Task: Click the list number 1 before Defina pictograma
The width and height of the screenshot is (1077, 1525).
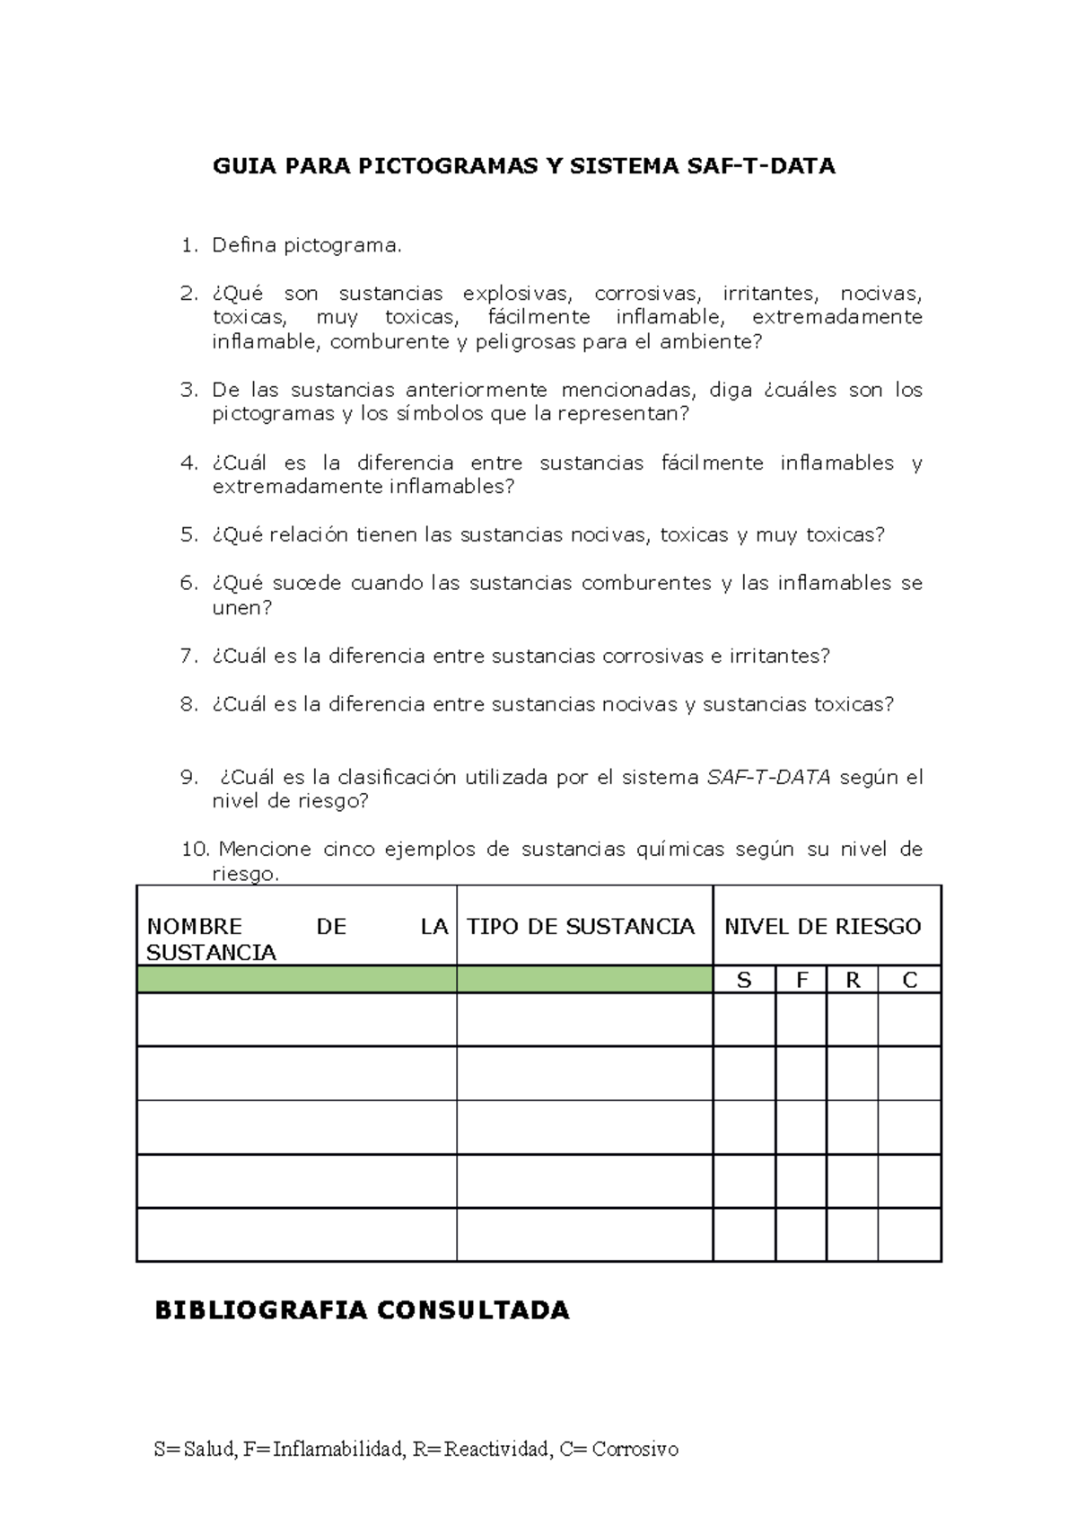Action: tap(188, 245)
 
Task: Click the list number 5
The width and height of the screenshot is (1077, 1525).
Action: tap(188, 535)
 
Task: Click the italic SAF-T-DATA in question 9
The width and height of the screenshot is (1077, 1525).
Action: tap(768, 778)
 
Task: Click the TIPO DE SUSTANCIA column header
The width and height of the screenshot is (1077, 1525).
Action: tap(581, 927)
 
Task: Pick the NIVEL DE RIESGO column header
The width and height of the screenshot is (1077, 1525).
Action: tap(822, 927)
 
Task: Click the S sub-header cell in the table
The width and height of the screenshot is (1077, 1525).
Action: tap(744, 980)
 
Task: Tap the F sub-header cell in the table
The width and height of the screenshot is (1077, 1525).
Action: tap(801, 980)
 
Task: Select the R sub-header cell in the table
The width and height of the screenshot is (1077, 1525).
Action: tap(853, 980)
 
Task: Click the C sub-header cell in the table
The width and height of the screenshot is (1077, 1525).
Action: tap(909, 980)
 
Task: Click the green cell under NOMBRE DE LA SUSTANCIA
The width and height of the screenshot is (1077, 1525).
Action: tap(296, 980)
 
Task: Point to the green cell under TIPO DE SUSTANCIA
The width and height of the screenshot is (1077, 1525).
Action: tap(584, 980)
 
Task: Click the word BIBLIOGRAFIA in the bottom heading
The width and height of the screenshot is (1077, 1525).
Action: tap(261, 1310)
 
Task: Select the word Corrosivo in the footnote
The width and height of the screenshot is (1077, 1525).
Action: tap(635, 1449)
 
